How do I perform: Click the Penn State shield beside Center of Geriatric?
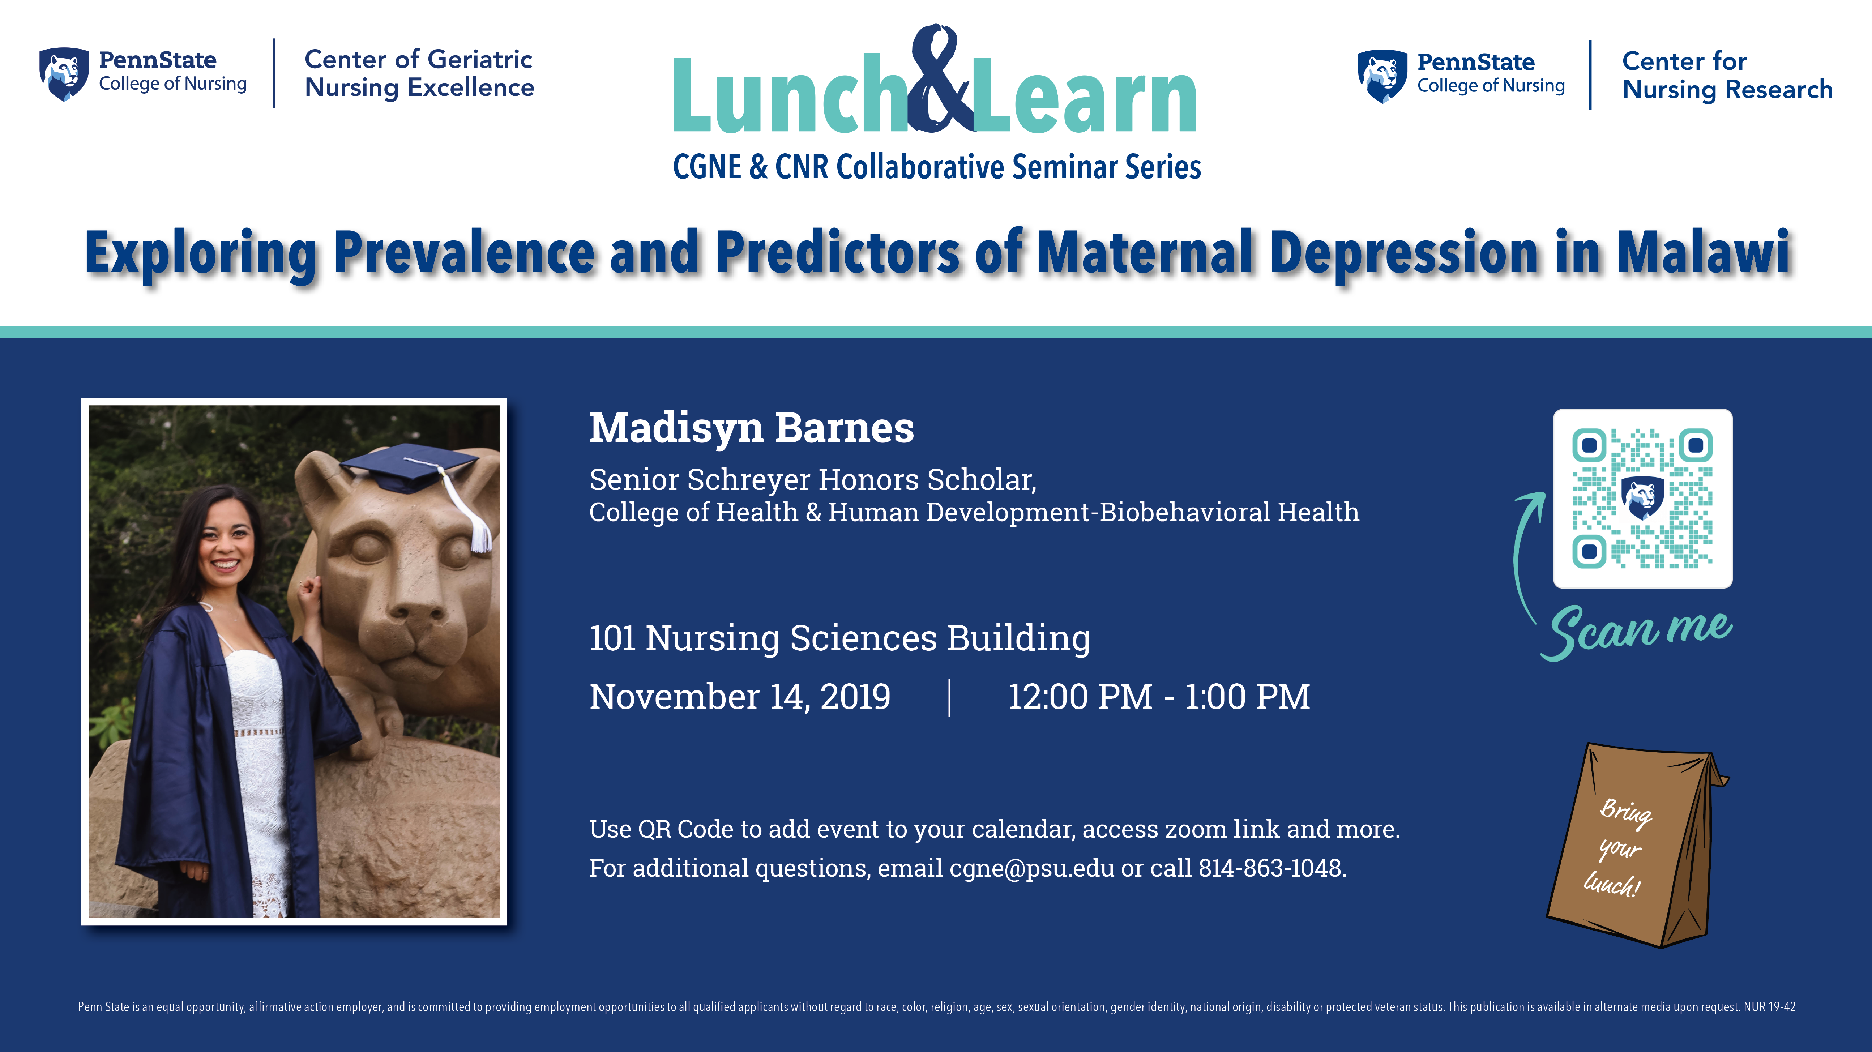point(64,74)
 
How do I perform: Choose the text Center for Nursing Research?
point(1727,76)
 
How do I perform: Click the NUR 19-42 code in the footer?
point(1770,1007)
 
